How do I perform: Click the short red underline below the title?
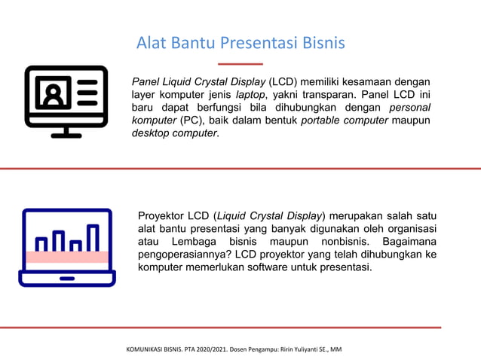click(x=240, y=64)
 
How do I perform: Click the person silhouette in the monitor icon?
click(x=53, y=94)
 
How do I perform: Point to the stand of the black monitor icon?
click(x=66, y=132)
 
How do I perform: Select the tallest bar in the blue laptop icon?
click(x=93, y=237)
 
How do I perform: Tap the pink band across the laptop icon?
click(x=67, y=257)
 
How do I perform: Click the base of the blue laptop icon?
click(x=67, y=280)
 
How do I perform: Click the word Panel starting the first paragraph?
click(x=147, y=81)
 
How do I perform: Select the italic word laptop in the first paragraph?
click(x=250, y=95)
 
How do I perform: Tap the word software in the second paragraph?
click(x=257, y=267)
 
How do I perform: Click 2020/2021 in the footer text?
click(x=210, y=349)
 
